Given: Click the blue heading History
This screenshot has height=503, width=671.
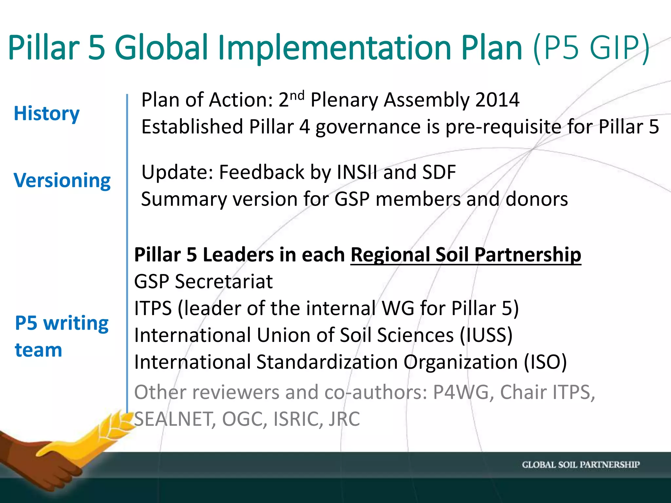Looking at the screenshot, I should click(47, 114).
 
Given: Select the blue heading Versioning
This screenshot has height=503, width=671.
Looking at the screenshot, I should click(62, 180).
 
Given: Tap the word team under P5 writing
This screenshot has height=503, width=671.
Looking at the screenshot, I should click(38, 350).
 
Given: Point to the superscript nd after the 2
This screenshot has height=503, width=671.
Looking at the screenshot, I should click(297, 96).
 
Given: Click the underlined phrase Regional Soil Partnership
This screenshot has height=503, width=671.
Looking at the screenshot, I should click(466, 255).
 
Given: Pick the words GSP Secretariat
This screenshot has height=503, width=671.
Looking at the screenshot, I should click(203, 282).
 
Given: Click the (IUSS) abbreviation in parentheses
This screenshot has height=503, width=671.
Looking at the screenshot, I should click(486, 335).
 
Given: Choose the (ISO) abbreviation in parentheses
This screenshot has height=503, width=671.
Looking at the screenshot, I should click(545, 362).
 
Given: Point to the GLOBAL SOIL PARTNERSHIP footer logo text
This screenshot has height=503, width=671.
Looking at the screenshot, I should click(581, 465).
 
